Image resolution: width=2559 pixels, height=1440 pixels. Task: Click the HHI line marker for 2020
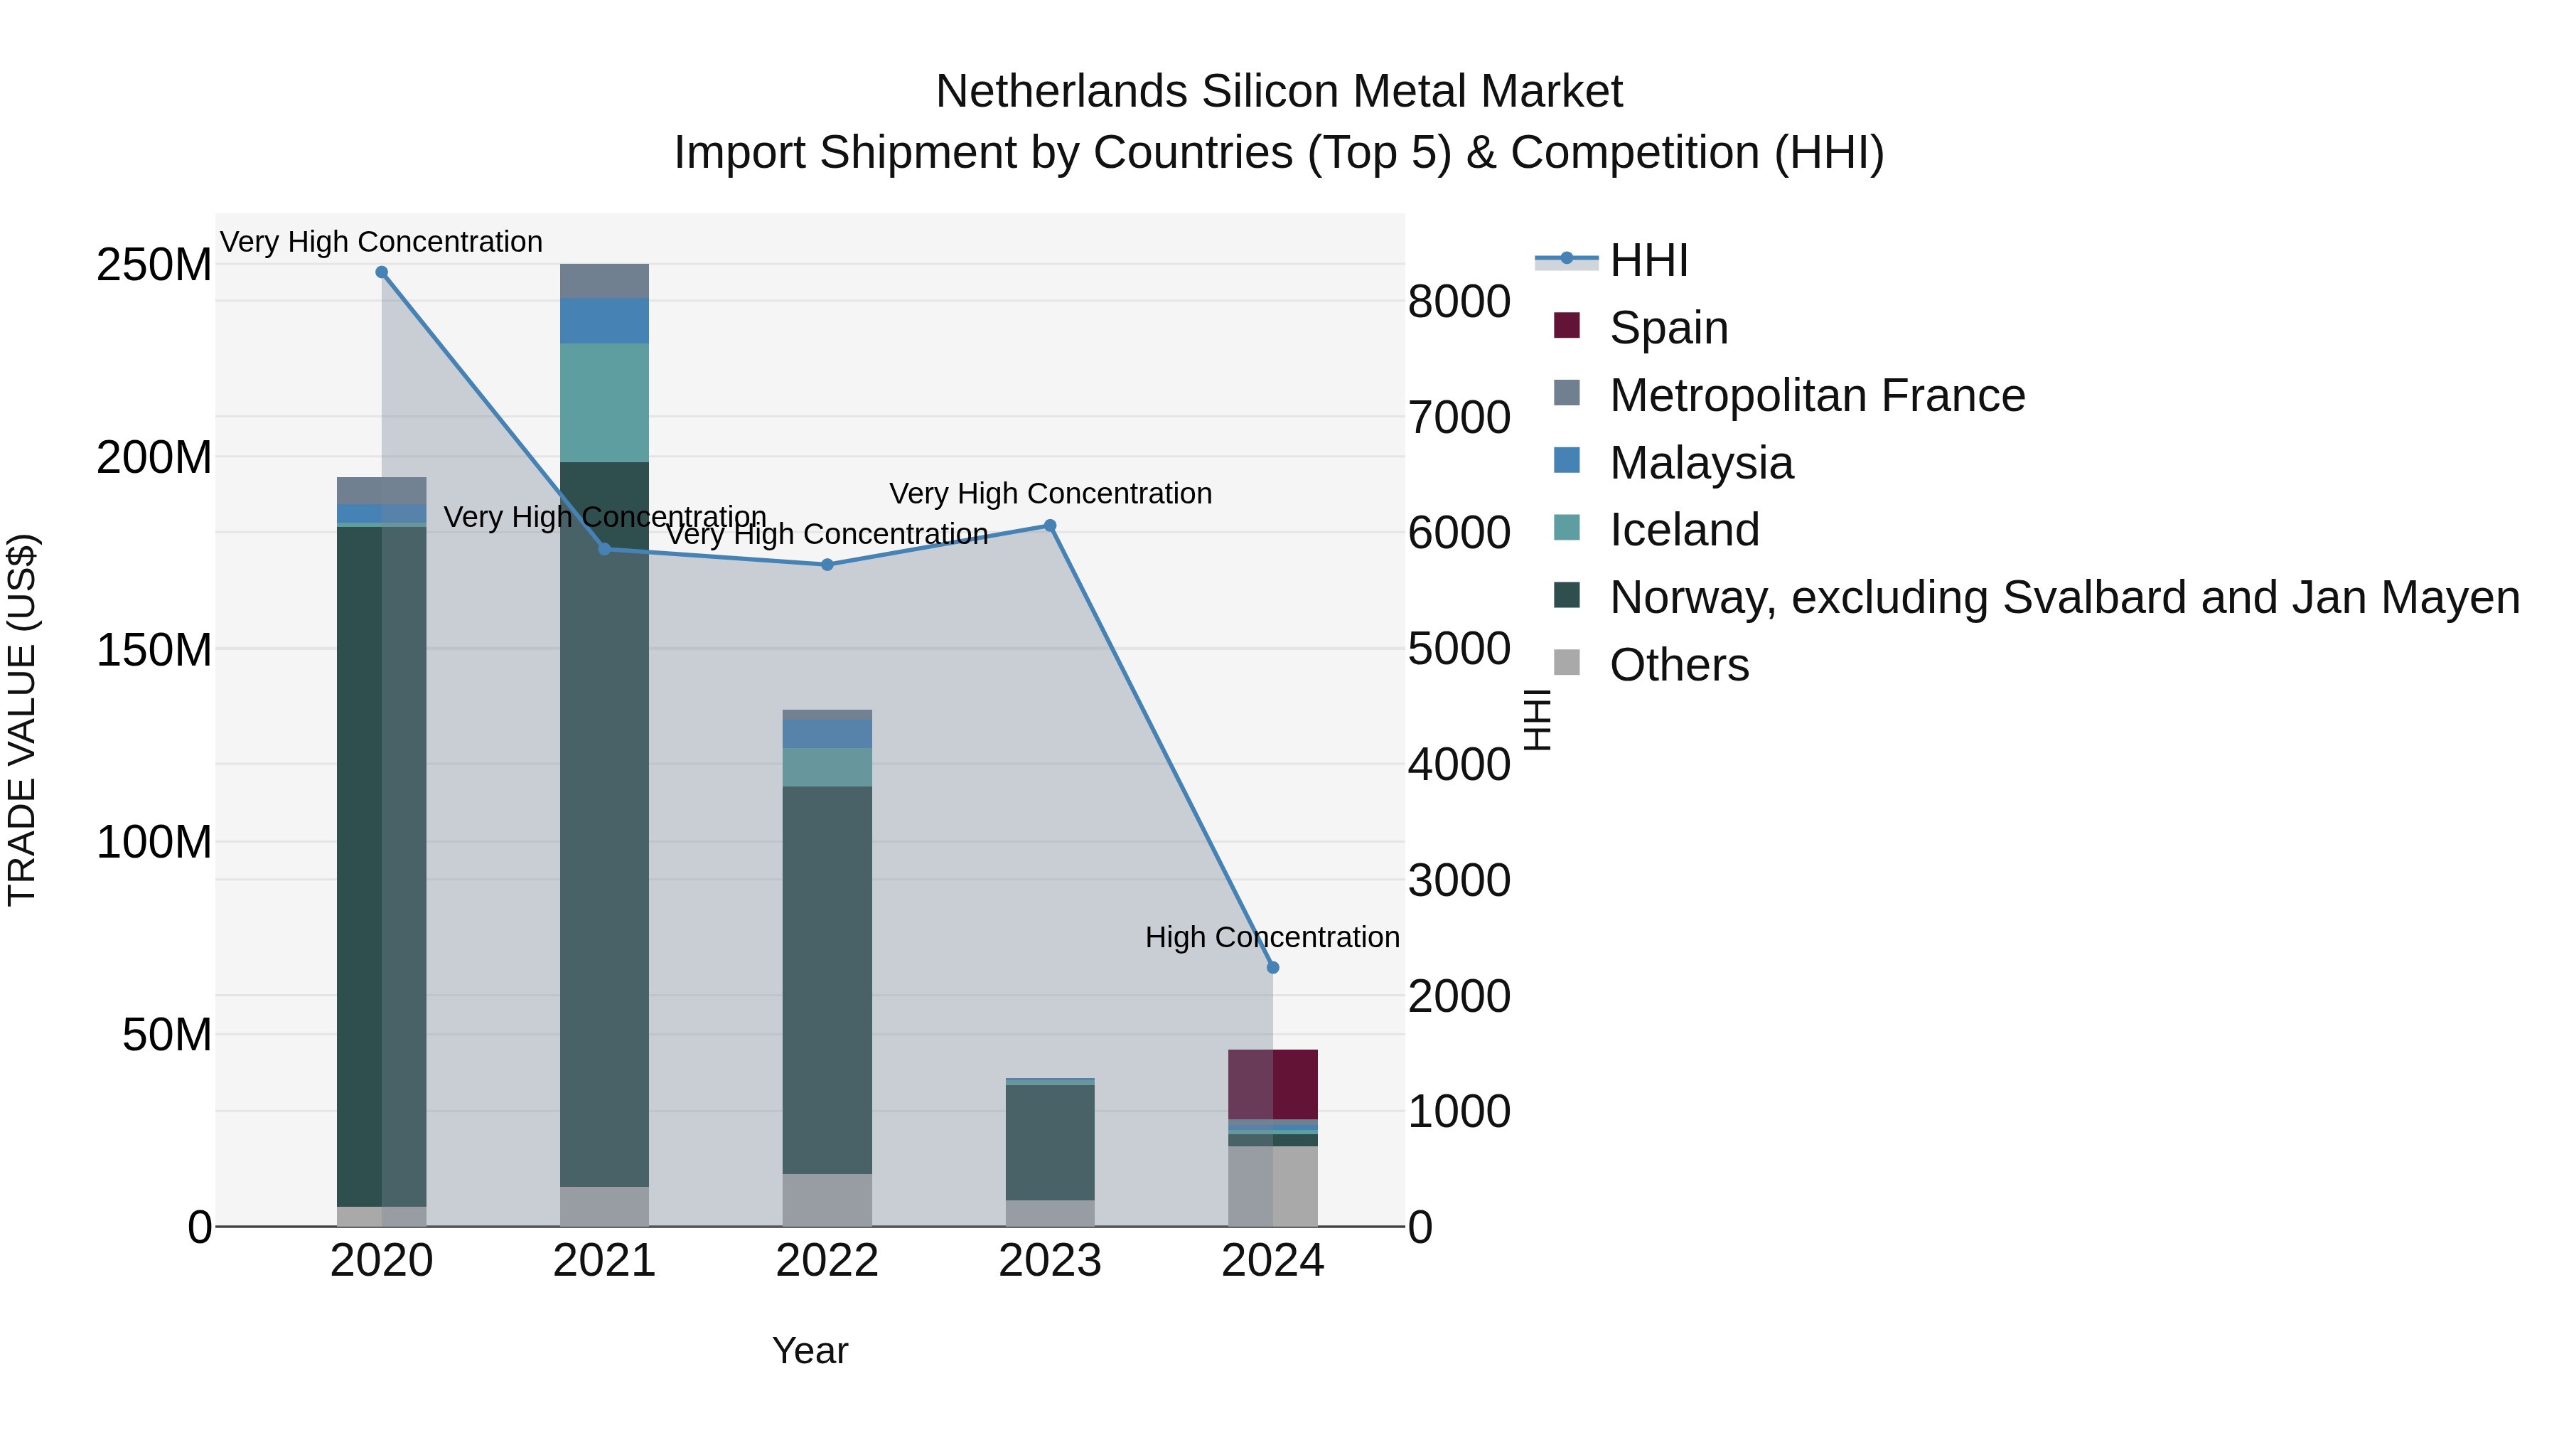click(382, 272)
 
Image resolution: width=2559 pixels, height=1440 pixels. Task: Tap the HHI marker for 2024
click(1272, 967)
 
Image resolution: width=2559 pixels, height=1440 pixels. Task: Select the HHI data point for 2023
click(1050, 526)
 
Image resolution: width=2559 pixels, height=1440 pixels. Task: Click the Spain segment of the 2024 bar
click(1272, 1084)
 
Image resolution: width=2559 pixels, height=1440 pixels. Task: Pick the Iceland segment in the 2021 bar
click(604, 402)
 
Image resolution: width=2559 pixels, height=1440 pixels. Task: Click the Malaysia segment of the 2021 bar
click(604, 321)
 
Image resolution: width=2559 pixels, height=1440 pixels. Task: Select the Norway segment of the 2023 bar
click(1050, 1142)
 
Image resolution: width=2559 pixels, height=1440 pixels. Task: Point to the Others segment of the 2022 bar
click(827, 1200)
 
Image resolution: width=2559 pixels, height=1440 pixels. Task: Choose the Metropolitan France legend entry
click(1816, 395)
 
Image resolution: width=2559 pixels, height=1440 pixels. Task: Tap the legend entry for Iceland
click(1684, 530)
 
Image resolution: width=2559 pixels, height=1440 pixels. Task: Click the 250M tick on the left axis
click(154, 265)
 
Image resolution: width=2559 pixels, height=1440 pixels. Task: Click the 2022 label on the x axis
click(827, 1261)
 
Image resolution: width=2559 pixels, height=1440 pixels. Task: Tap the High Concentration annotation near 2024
click(1272, 937)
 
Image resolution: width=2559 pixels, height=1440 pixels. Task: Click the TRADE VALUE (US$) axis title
click(22, 720)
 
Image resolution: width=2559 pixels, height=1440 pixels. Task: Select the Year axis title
click(810, 1350)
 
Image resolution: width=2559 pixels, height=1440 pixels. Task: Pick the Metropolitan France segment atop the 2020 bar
click(382, 491)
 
